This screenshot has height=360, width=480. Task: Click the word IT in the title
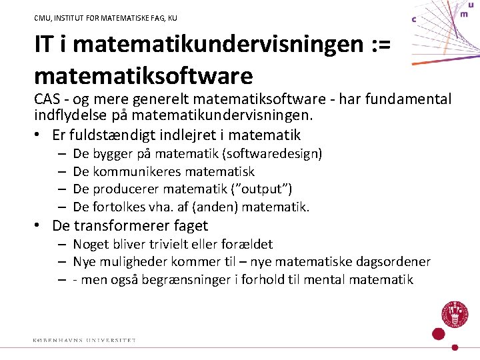(46, 45)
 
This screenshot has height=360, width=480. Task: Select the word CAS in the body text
(48, 99)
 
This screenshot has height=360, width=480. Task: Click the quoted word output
(265, 189)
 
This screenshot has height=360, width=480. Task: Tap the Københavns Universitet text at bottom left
(84, 341)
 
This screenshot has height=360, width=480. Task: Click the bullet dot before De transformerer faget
(40, 226)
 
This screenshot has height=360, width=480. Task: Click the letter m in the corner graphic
(463, 13)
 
